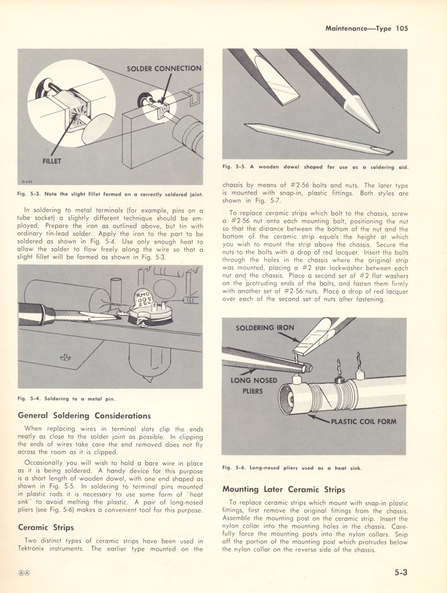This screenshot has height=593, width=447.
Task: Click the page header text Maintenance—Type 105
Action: tap(367, 28)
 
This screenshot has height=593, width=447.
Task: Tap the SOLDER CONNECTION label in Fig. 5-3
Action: tap(164, 69)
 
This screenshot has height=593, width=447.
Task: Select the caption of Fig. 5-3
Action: tap(110, 194)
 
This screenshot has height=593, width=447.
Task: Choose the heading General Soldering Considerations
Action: tap(85, 415)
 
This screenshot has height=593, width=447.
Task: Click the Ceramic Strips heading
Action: tap(47, 527)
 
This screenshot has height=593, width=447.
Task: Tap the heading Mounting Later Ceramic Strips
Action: tap(284, 489)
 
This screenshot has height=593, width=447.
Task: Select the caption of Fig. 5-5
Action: tap(315, 167)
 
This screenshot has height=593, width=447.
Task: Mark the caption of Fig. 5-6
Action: tap(292, 467)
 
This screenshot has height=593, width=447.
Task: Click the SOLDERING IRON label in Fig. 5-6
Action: tap(265, 328)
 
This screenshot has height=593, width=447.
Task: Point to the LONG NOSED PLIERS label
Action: tap(254, 385)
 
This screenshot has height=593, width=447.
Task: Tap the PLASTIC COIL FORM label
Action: tap(363, 421)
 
